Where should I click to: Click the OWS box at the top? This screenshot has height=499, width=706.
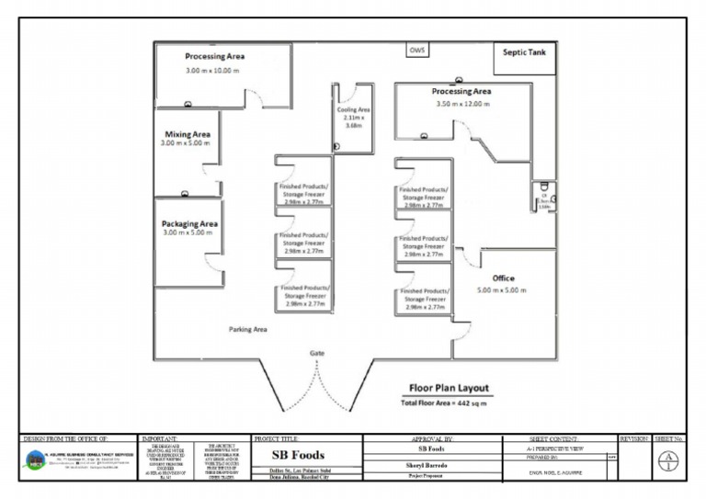pyautogui.click(x=416, y=51)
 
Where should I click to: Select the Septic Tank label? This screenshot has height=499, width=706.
pyautogui.click(x=524, y=52)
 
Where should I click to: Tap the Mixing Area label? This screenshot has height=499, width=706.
pyautogui.click(x=188, y=134)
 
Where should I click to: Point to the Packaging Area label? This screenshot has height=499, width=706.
pyautogui.click(x=189, y=223)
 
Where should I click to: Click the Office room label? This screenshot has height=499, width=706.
pyautogui.click(x=503, y=278)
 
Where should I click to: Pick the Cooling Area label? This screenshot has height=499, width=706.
pyautogui.click(x=353, y=109)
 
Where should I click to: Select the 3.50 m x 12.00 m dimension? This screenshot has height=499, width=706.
pyautogui.click(x=463, y=104)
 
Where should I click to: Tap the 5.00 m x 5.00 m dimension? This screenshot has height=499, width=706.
pyautogui.click(x=502, y=290)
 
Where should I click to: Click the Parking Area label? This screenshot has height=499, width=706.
pyautogui.click(x=247, y=328)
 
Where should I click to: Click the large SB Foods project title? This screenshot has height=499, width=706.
pyautogui.click(x=299, y=455)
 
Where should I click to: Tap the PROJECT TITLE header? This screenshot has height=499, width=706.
pyautogui.click(x=279, y=440)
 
